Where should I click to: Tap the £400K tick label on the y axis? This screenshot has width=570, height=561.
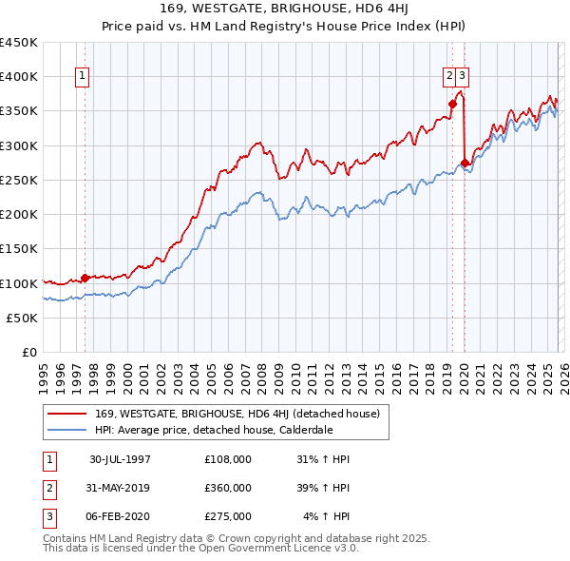[19, 77]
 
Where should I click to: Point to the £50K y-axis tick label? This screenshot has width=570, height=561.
[22, 319]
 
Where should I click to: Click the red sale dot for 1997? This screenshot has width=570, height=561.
[85, 278]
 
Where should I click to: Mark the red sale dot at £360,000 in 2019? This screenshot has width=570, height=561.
[452, 105]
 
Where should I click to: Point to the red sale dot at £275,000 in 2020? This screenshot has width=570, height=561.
[465, 163]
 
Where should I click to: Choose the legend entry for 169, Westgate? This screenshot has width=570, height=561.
[237, 414]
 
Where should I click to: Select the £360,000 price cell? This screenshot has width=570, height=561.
[228, 488]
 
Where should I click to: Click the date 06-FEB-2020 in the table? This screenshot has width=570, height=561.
[121, 516]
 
